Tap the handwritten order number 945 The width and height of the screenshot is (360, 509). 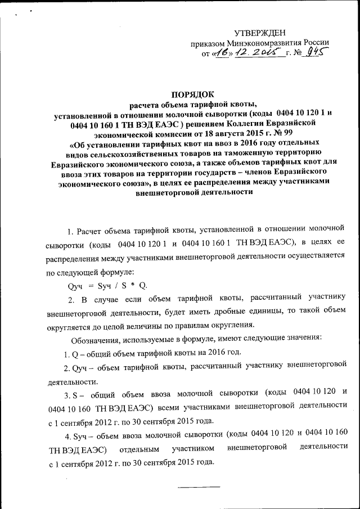tap(316, 54)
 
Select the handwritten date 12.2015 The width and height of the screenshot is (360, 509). tap(259, 53)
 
